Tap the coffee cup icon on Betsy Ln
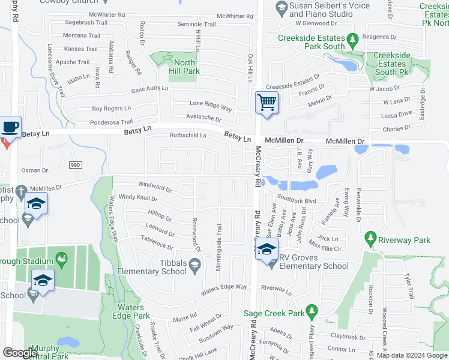point(11,127)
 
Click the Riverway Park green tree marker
point(371,240)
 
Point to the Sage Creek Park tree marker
point(312,311)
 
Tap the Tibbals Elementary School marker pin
point(194,264)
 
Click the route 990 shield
point(74,164)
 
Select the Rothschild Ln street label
point(188,135)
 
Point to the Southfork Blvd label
point(297,200)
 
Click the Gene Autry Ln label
point(149,89)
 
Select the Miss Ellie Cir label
point(325,246)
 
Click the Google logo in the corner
point(20,352)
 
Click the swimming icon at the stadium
point(62,259)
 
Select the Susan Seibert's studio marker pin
point(280,7)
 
